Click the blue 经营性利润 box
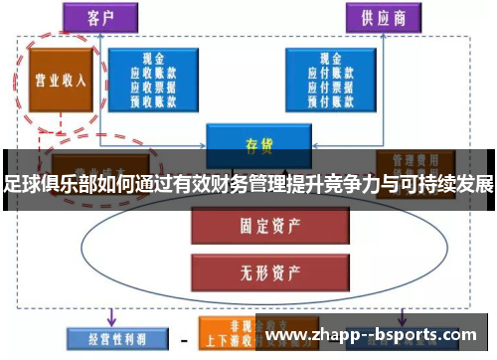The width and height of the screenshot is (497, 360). (x=108, y=337)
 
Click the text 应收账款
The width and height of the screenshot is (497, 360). (x=154, y=73)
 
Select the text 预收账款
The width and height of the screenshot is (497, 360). (x=154, y=98)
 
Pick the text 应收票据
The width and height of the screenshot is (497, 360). (x=154, y=86)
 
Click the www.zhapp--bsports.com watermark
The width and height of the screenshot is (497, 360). (x=377, y=336)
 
